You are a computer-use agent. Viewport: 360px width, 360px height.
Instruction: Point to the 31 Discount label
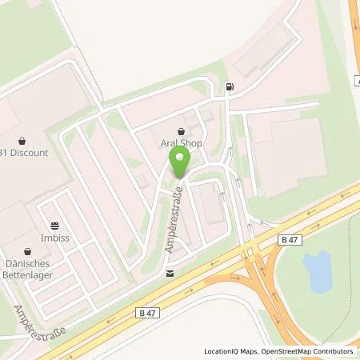[x=25, y=153]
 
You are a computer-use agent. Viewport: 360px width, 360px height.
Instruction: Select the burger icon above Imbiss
[x=54, y=226]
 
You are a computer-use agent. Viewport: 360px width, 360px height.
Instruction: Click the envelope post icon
[x=170, y=273]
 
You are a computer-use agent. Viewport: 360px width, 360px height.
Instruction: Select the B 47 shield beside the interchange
[x=290, y=239]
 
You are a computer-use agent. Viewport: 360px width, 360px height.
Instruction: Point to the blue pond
[x=317, y=270]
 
